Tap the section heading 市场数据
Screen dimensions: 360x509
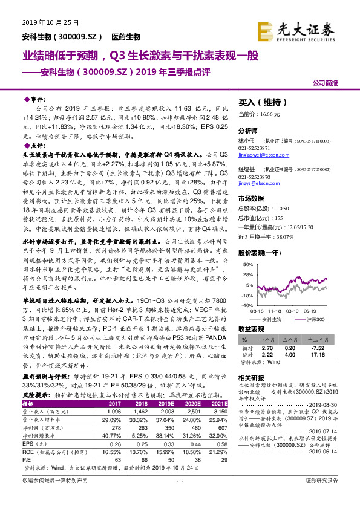251,198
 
